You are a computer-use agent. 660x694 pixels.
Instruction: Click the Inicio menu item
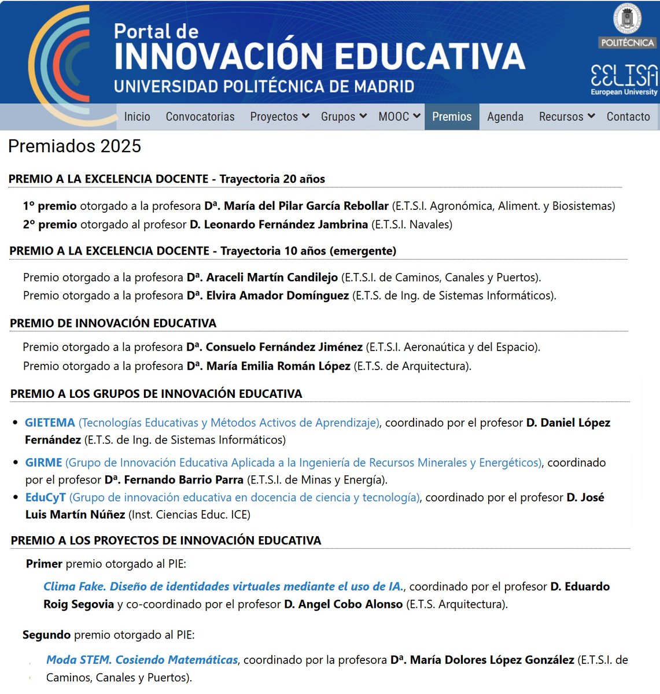click(x=137, y=117)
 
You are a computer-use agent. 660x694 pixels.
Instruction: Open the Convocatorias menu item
click(x=200, y=117)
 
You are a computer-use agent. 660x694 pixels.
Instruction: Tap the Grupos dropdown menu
click(x=344, y=117)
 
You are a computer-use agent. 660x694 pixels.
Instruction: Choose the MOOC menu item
click(x=399, y=117)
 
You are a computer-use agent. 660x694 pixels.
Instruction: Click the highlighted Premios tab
click(x=452, y=117)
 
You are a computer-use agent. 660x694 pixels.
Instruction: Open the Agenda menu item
click(x=505, y=117)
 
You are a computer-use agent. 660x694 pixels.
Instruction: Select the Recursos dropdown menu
click(x=567, y=117)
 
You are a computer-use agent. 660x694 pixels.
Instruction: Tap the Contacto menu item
click(x=628, y=117)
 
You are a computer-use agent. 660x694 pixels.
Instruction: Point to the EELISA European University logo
click(x=624, y=79)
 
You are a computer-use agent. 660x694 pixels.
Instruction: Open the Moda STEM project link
click(x=142, y=660)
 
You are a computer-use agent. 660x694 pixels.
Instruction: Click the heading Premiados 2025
click(x=75, y=146)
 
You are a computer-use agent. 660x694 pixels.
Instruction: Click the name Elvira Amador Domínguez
click(x=277, y=296)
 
